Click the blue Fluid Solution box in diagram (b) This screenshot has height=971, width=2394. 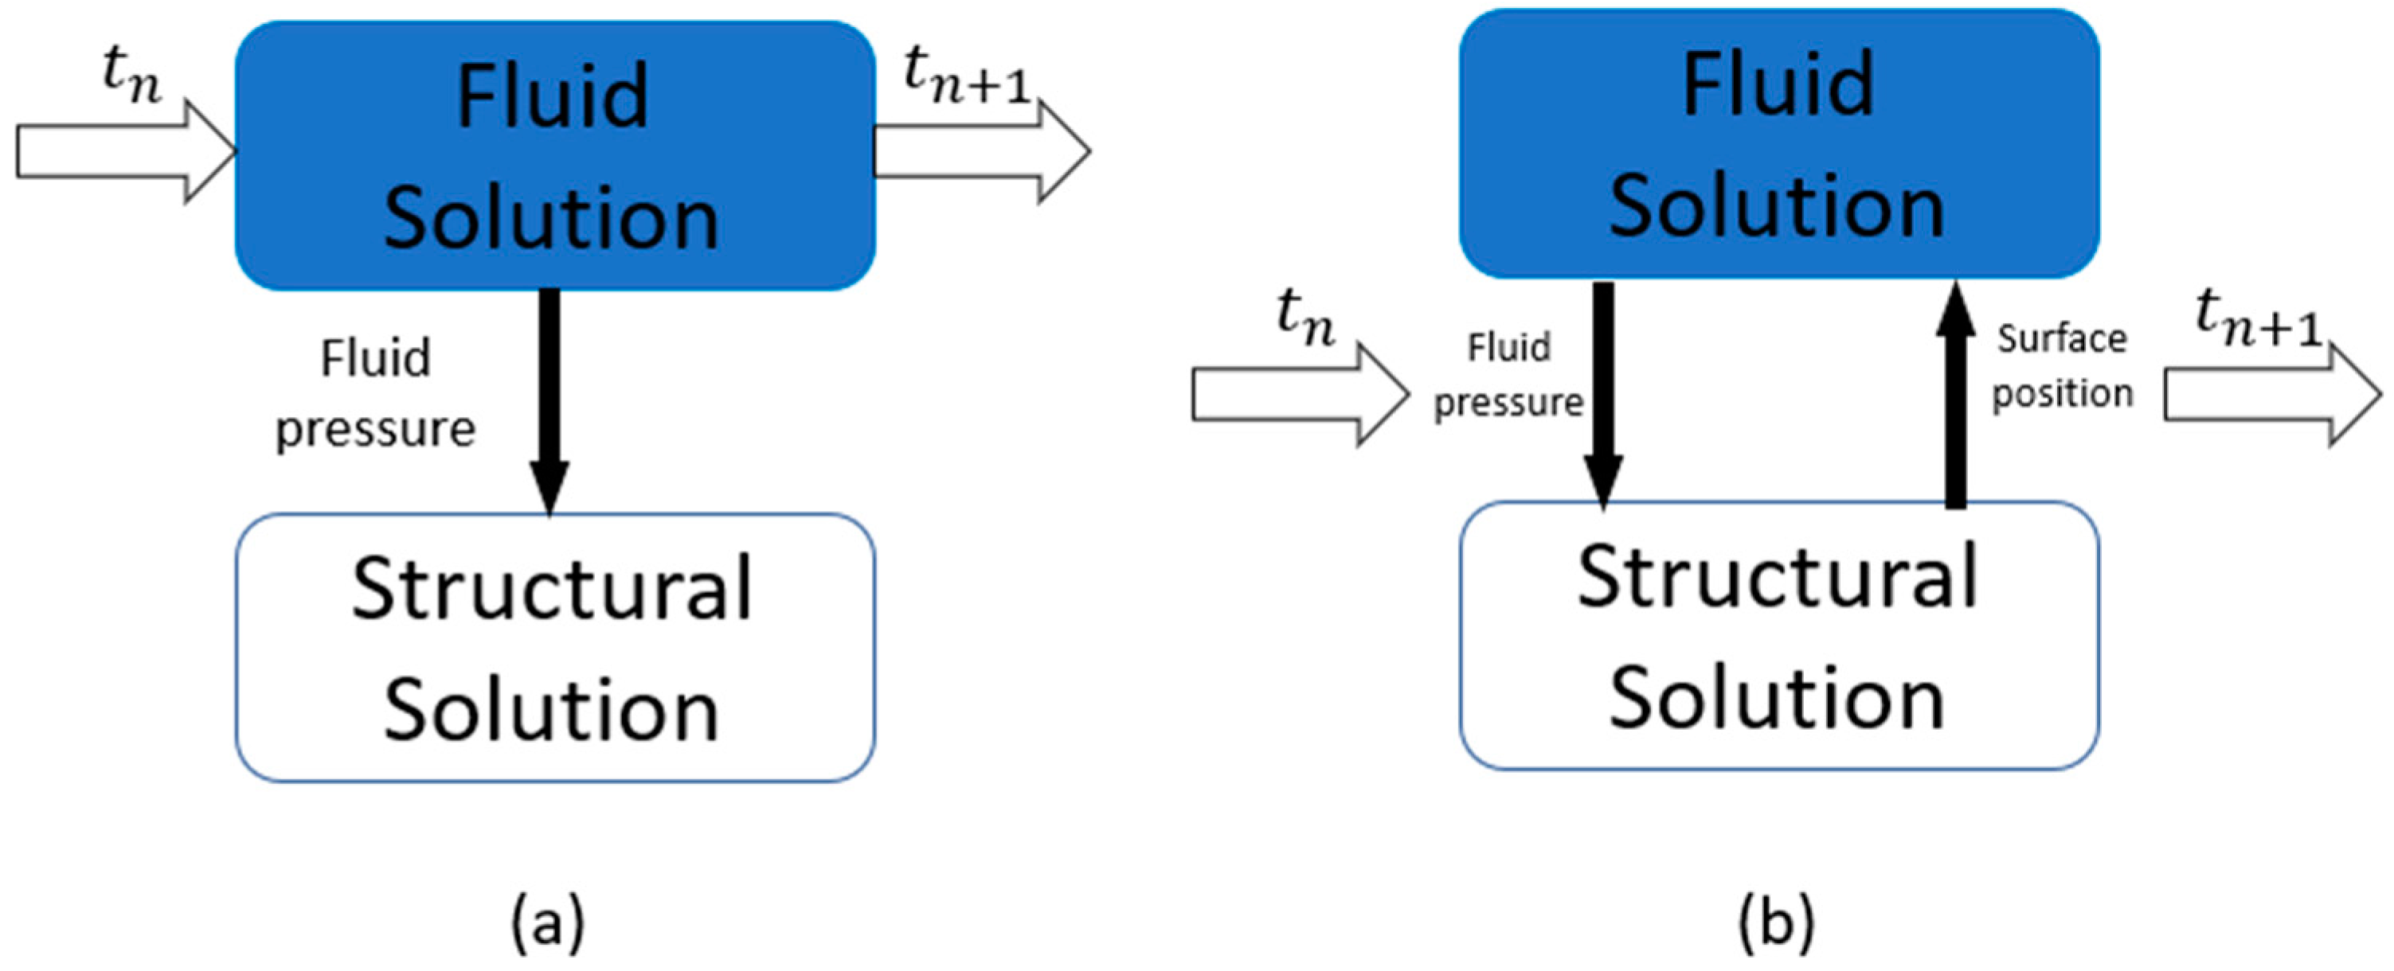click(1778, 143)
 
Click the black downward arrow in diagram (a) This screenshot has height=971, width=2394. click(550, 400)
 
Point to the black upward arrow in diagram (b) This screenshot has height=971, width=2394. click(1955, 395)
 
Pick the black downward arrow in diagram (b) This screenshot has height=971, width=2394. click(1603, 395)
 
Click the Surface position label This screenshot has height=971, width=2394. click(2061, 366)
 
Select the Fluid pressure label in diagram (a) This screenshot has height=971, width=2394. click(375, 393)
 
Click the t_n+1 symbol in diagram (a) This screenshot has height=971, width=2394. click(967, 76)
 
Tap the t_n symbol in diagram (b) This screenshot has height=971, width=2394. click(1306, 318)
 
